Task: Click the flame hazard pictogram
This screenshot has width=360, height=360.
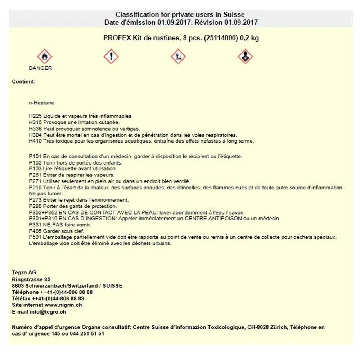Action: click(45, 57)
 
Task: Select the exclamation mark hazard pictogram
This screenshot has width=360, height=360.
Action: click(111, 57)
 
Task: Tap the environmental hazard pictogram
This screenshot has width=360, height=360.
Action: click(178, 57)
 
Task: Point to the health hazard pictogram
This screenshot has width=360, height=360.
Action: click(245, 57)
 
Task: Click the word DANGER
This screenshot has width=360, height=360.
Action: click(40, 68)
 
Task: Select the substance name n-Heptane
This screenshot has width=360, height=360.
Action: click(41, 103)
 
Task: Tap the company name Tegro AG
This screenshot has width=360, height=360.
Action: click(24, 273)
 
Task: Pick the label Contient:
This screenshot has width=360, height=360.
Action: click(24, 82)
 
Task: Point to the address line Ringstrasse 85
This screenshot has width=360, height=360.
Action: click(31, 279)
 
